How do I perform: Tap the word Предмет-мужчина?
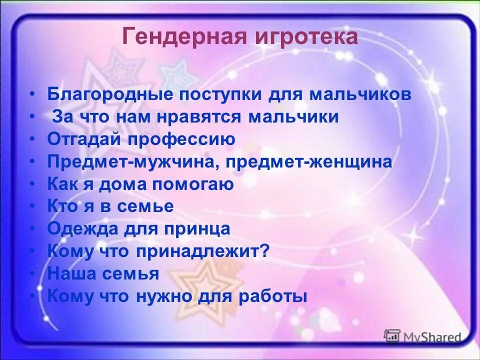click(135, 162)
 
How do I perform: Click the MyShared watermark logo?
click(422, 337)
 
